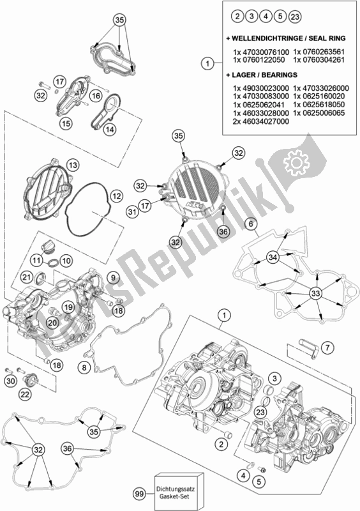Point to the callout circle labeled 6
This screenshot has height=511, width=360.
tap(251, 224)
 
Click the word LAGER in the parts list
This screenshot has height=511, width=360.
tap(250, 74)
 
